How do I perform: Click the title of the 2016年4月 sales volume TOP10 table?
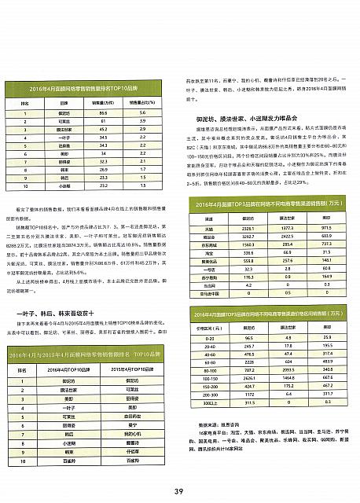click(82, 90)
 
